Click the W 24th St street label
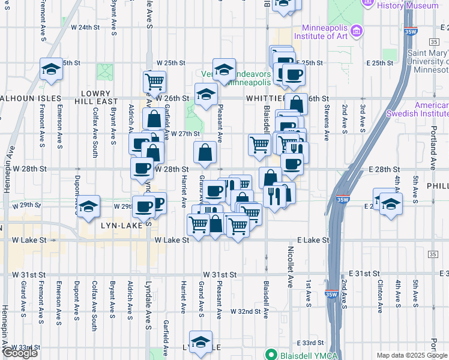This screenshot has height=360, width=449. (85, 28)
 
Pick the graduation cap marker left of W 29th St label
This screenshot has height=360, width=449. (88, 206)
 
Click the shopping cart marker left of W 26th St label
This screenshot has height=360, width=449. (154, 81)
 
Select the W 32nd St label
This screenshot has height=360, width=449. (246, 312)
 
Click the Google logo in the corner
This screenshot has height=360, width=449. (20, 353)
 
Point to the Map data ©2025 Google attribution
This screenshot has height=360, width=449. (411, 355)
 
